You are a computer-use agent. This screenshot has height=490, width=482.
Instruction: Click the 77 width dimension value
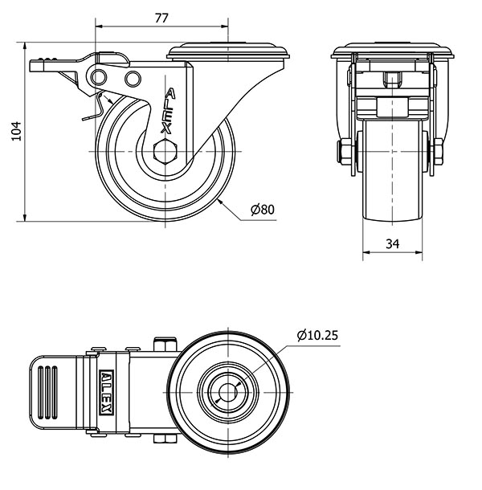161,18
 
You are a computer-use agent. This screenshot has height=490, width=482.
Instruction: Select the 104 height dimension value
16,131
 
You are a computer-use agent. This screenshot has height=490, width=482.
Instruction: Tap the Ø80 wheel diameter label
263,210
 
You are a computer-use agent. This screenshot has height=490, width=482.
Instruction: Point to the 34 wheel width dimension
392,243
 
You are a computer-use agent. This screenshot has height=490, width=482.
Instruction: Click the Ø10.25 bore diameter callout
317,335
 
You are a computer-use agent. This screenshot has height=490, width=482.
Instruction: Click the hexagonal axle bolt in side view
165,152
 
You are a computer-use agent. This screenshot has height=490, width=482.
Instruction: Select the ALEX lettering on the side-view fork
168,111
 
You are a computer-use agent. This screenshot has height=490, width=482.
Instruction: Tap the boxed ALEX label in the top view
106,393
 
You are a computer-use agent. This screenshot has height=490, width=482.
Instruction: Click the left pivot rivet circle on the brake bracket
100,77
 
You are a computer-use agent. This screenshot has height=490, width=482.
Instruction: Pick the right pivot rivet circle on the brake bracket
133,79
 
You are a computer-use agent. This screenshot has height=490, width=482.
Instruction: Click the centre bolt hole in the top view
228,392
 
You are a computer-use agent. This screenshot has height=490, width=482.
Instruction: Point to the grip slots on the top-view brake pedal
47,392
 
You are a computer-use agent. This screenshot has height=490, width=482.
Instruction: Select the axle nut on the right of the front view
439,152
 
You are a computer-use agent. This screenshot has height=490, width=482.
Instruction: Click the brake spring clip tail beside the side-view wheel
93,108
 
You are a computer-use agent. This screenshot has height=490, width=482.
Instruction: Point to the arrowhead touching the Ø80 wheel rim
221,202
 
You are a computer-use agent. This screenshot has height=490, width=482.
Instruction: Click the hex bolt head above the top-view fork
165,344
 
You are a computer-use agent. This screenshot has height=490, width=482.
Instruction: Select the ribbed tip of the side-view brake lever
43,64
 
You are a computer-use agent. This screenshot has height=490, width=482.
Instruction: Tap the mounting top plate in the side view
228,51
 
